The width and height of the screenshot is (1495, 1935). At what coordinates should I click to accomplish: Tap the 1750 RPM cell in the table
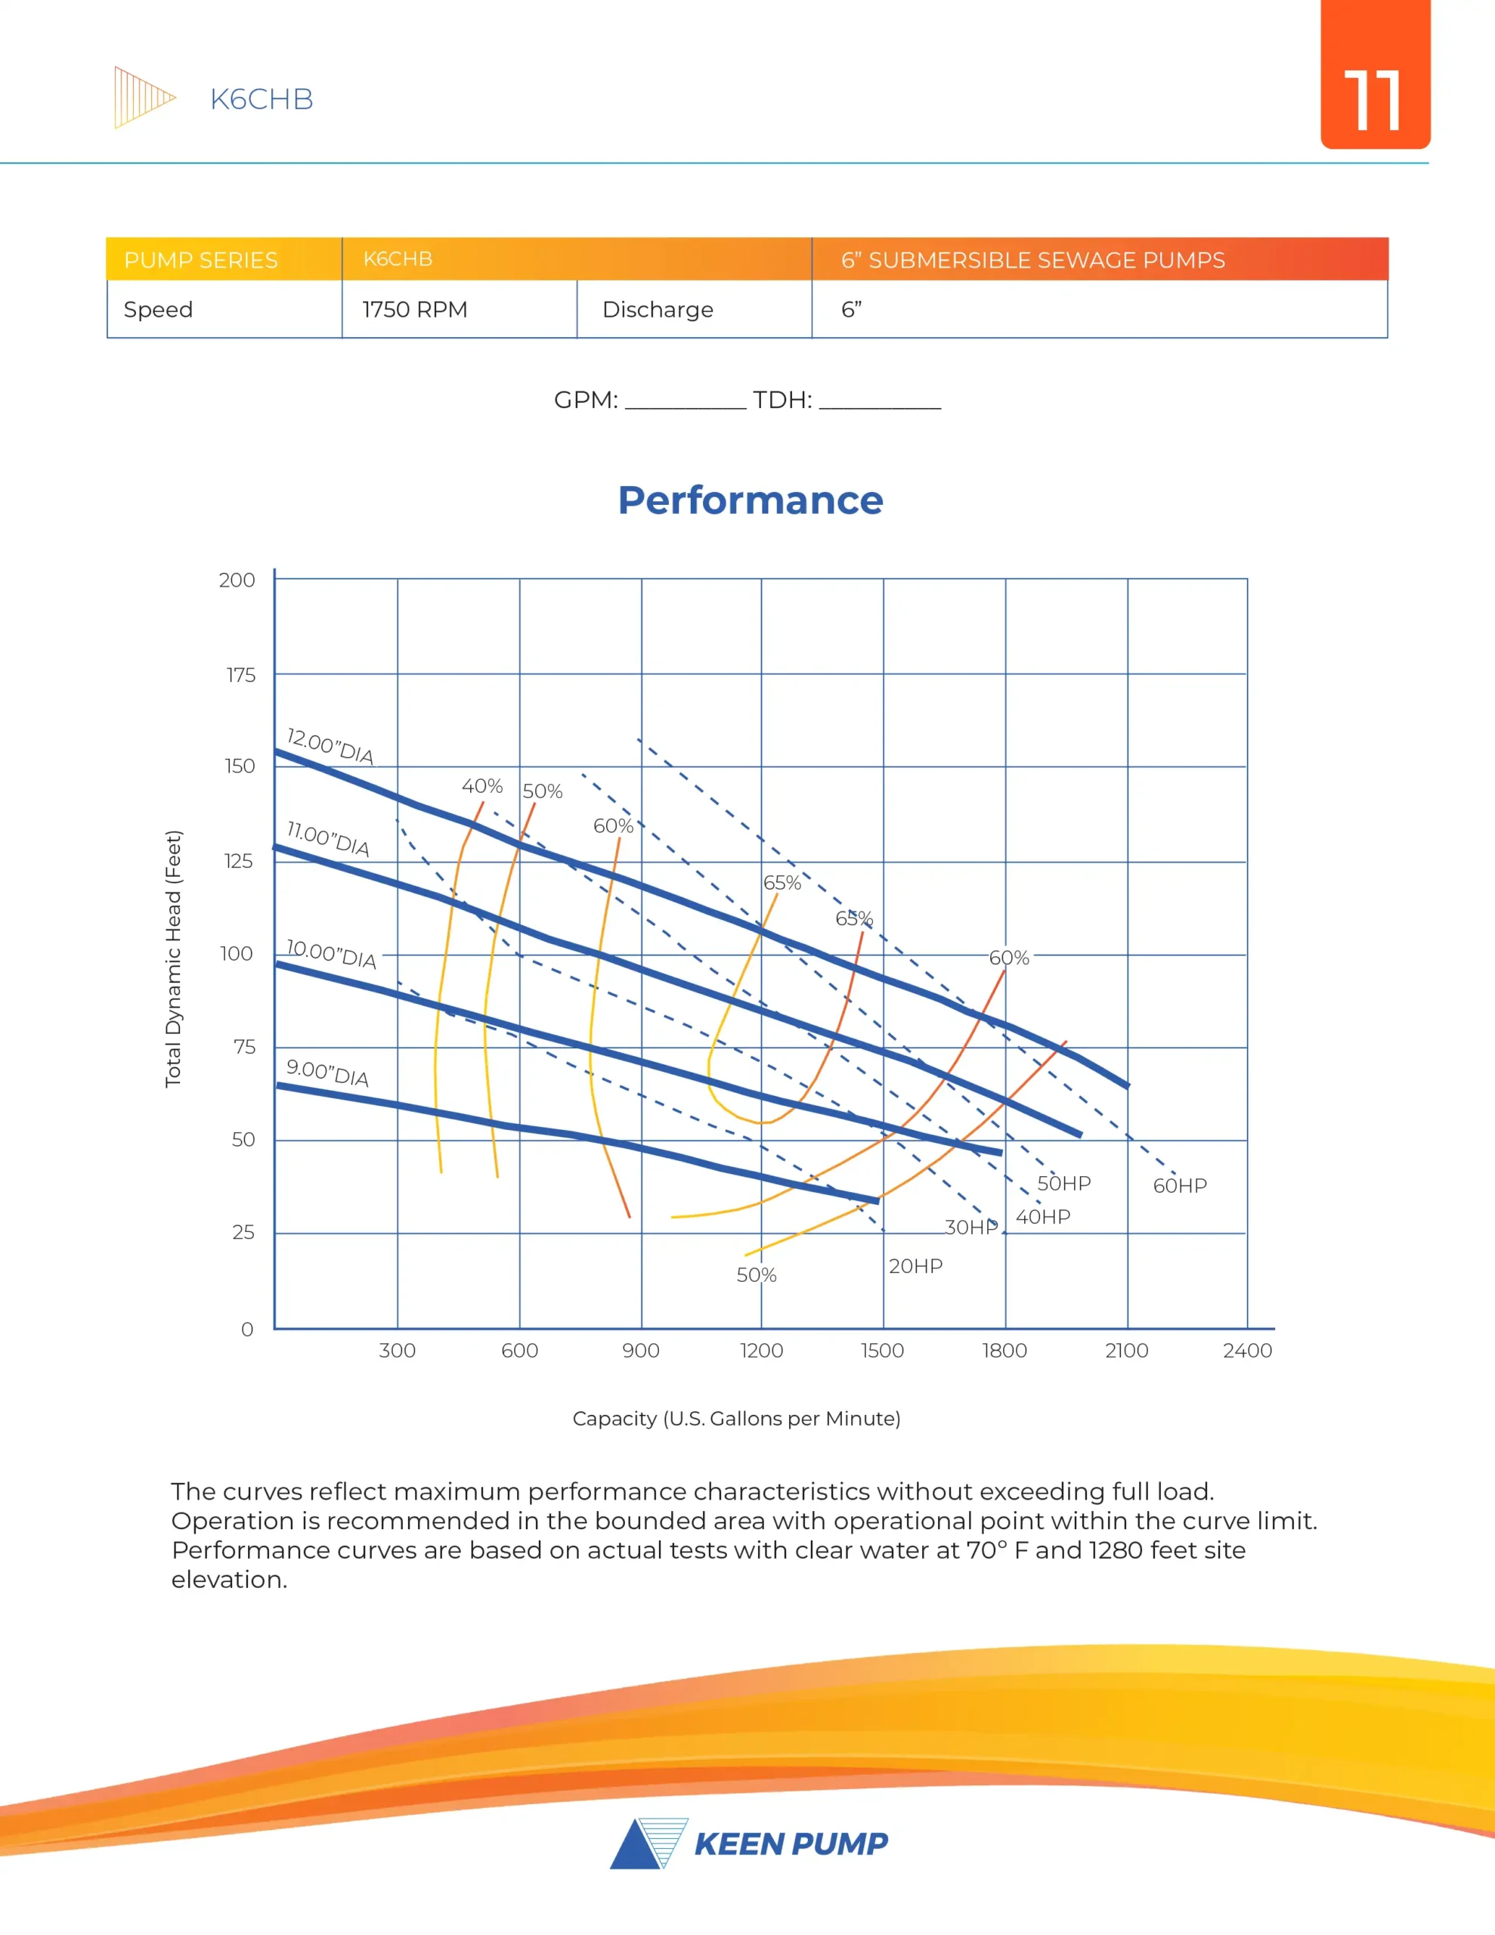click(x=415, y=309)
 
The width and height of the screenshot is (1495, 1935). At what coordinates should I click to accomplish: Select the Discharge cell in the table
click(x=658, y=309)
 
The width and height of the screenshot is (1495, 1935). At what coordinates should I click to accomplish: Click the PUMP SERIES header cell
click(x=201, y=259)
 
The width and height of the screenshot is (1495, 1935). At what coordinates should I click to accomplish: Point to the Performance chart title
click(x=750, y=500)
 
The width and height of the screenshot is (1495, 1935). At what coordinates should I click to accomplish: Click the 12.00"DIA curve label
click(x=330, y=746)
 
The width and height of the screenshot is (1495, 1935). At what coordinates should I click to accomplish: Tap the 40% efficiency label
click(x=481, y=786)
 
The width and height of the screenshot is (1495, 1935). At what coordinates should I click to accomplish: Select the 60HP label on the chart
click(x=1180, y=1185)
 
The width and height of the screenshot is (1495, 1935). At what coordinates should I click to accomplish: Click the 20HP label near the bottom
click(x=915, y=1266)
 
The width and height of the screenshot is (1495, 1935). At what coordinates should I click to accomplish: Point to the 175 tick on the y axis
click(x=240, y=675)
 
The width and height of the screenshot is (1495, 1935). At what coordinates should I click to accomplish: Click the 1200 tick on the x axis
click(x=761, y=1350)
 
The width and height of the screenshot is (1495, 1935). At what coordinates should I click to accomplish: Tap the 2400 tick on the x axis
click(x=1247, y=1350)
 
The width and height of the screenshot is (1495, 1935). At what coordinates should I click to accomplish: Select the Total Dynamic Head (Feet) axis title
click(x=173, y=958)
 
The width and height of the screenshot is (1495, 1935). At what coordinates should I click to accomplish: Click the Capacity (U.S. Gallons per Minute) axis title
click(x=736, y=1419)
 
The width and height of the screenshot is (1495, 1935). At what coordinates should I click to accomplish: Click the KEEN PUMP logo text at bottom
click(x=791, y=1844)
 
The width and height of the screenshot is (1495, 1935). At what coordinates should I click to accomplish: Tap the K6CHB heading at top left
click(x=262, y=99)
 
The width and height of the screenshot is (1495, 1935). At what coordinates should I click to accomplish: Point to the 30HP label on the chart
click(x=971, y=1227)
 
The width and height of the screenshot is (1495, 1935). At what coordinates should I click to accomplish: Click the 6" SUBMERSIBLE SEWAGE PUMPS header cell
click(x=1032, y=259)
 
